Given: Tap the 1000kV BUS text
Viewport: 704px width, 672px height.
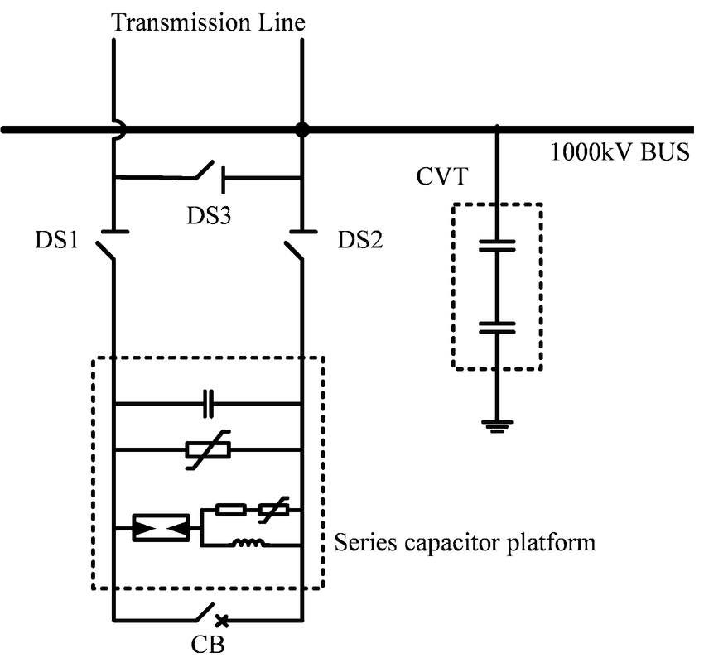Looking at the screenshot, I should pyautogui.click(x=620, y=153).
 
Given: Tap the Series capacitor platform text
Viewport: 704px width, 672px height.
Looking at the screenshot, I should pyautogui.click(x=465, y=543).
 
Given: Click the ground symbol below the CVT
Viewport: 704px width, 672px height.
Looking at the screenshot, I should pyautogui.click(x=497, y=427).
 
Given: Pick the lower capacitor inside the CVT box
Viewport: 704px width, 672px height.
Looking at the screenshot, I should pyautogui.click(x=497, y=326).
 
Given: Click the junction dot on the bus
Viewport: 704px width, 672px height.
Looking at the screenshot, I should pyautogui.click(x=302, y=129).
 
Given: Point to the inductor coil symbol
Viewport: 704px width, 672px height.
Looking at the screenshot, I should pyautogui.click(x=248, y=544).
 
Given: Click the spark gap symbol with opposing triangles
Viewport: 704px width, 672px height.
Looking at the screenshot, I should pyautogui.click(x=161, y=526).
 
